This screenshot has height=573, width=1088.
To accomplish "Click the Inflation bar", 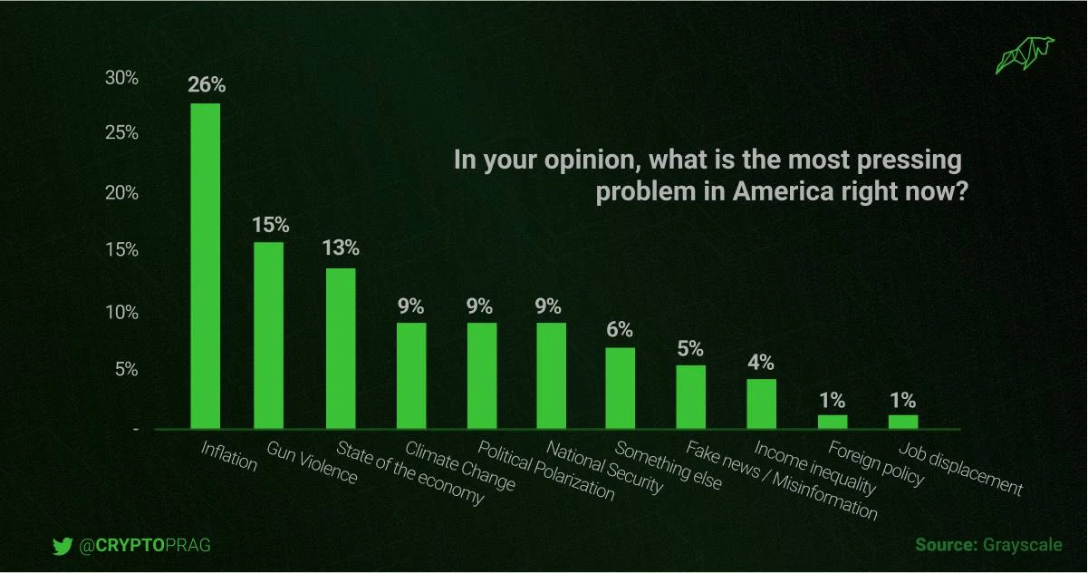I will [x=206, y=265].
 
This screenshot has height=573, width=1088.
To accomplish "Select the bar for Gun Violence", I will [x=269, y=335].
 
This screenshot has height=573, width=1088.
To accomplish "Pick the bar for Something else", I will [x=621, y=387].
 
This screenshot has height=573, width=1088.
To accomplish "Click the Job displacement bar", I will [x=903, y=421].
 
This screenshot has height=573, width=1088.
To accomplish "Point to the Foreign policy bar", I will [x=833, y=421].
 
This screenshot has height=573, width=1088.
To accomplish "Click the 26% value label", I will [x=207, y=86].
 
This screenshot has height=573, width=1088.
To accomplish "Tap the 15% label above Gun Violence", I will [x=270, y=224].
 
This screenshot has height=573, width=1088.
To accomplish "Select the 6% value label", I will [x=621, y=330].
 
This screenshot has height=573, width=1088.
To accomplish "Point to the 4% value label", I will [x=761, y=362].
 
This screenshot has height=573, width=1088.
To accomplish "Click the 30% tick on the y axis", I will [x=121, y=78].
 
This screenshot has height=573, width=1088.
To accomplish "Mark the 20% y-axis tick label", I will [x=121, y=193].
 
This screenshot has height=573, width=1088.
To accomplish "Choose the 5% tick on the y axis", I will [x=126, y=370].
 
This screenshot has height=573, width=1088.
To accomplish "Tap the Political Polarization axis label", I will [x=545, y=471].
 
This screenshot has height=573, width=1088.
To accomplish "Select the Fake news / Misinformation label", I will [x=782, y=480].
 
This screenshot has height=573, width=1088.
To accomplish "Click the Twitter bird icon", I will [x=62, y=546].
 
